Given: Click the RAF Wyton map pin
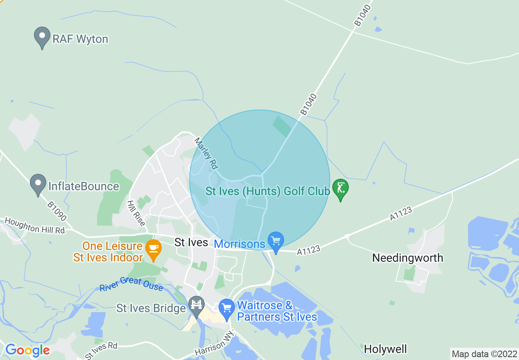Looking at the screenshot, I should click(42, 37).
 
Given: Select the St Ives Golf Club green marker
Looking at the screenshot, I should click(340, 189).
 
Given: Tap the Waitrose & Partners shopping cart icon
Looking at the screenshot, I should click(226, 308).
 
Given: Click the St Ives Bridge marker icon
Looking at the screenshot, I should click(197, 306).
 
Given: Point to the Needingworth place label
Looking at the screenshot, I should click(408, 258).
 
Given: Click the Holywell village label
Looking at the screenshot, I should click(386, 349).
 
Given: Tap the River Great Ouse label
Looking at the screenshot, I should click(131, 283).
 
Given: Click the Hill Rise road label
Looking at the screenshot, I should click(136, 213).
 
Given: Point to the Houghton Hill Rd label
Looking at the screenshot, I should click(35, 226).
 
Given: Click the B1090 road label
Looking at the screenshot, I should click(57, 211).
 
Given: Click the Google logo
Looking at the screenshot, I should click(27, 350).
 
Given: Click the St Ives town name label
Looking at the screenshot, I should click(191, 242).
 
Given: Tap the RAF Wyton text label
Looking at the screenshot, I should click(80, 39).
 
